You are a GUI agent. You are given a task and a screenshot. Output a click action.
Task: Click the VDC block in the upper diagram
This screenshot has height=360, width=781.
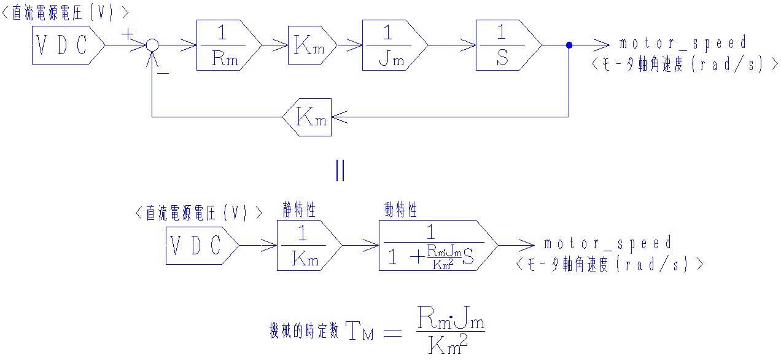point(64,45)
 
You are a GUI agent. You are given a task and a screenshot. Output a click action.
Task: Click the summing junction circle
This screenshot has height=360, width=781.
point(152,45)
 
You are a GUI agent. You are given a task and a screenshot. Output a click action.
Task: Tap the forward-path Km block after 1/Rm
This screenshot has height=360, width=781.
point(311,45)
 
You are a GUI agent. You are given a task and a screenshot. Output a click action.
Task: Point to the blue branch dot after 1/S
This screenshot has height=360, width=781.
point(569,45)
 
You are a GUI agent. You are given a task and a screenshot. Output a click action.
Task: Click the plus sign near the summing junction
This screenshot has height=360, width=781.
point(127,34)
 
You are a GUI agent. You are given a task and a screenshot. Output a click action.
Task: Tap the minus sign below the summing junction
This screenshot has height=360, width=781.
point(163,72)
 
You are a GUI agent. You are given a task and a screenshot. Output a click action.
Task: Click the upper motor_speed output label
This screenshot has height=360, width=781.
point(683,43)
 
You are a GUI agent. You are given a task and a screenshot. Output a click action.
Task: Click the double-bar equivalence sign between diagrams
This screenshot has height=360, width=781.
point(340,170)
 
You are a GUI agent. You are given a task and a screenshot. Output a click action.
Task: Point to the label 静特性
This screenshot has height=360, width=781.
point(299,211)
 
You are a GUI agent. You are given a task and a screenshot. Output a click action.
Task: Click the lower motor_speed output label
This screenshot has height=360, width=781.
point(608,243)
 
